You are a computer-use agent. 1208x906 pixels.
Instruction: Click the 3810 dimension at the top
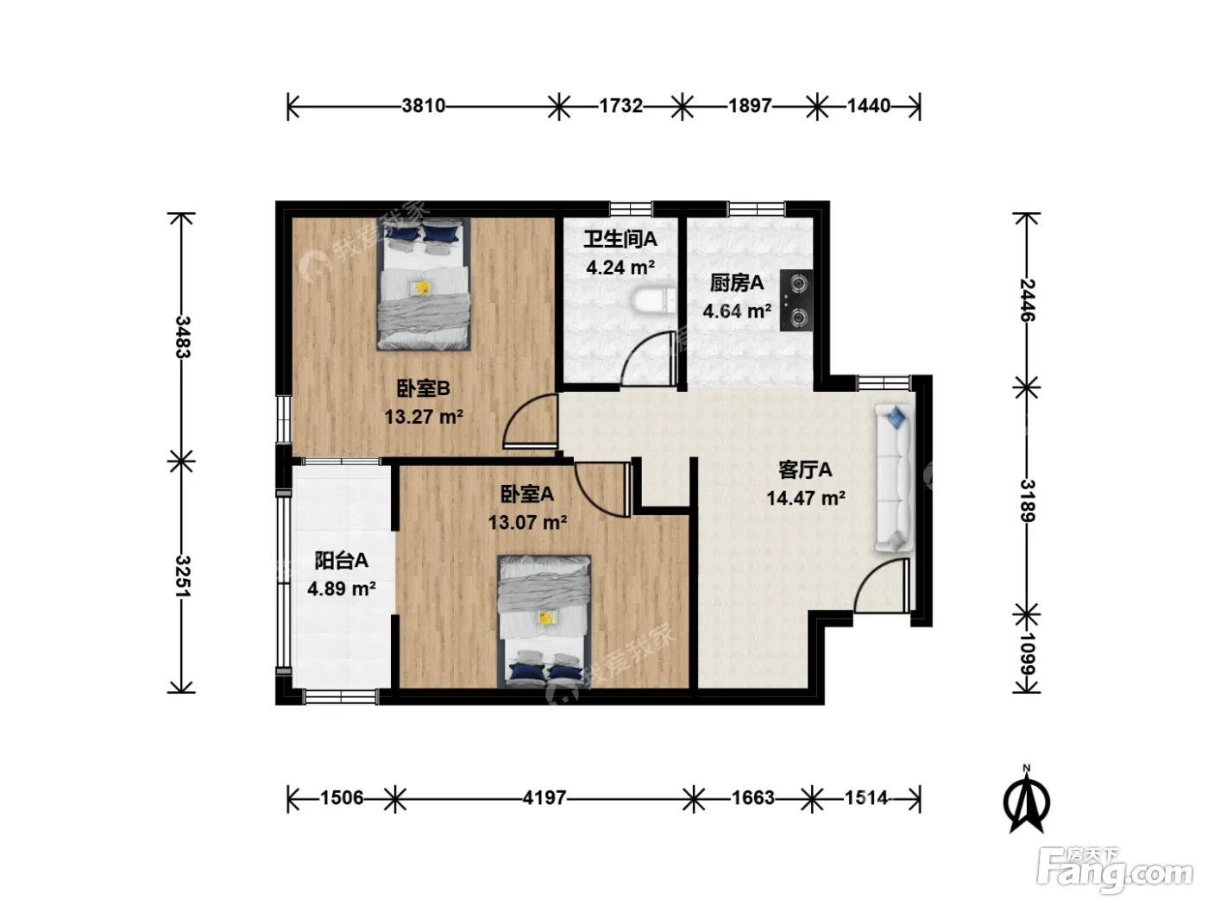423,105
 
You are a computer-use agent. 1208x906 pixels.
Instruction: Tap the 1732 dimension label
620,105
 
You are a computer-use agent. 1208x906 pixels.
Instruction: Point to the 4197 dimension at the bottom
544,797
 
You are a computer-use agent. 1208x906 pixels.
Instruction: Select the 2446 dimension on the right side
1028,300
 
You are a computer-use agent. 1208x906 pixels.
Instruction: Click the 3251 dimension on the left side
182,576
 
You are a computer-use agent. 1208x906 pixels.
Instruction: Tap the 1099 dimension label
1028,654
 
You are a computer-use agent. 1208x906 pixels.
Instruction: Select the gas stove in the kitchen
796,300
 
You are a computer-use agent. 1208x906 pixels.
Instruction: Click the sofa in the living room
894,478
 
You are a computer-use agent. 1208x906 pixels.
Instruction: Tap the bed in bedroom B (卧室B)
424,284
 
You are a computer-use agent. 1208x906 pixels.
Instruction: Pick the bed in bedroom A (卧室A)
544,621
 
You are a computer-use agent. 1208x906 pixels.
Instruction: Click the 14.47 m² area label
806,499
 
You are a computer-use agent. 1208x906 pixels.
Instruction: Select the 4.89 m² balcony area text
341,589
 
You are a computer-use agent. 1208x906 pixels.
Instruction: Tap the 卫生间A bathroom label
620,239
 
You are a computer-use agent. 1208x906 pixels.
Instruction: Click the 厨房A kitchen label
736,283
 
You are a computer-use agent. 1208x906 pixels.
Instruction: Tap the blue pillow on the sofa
896,417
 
